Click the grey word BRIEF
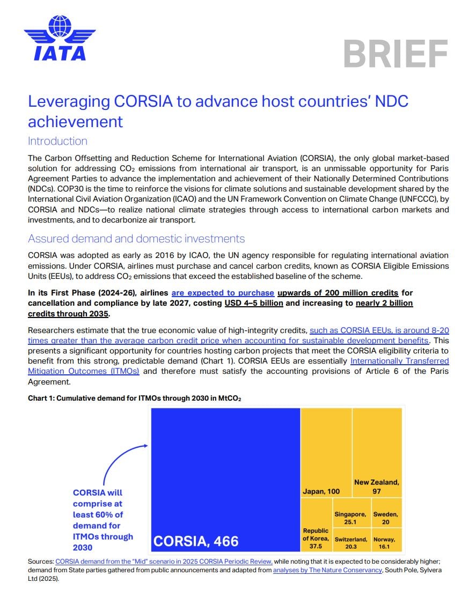396,54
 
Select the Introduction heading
57,141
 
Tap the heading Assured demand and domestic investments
136,239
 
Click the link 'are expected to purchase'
223,293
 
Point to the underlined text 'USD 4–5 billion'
253,303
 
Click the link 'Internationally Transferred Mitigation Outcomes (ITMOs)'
399,361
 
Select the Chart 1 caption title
134,398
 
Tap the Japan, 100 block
326,453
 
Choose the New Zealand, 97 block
377,453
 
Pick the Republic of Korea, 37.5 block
316,525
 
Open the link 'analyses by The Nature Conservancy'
327,570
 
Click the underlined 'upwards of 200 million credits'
338,293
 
